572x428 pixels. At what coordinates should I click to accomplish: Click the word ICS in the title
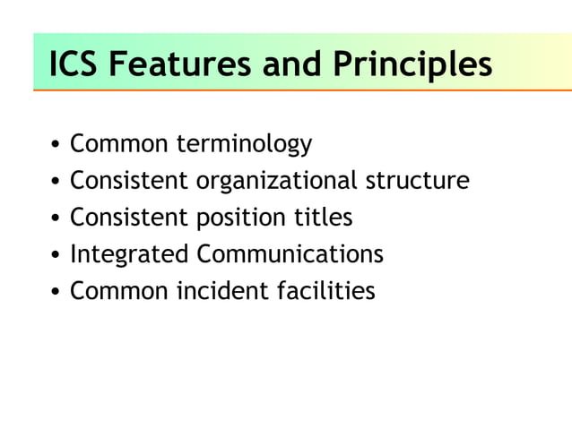pos(74,64)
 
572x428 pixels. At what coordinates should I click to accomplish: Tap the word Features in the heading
pos(178,64)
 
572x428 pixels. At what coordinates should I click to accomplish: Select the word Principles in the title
pos(412,64)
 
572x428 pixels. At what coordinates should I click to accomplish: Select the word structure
pos(417,181)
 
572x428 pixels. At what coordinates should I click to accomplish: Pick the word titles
pos(324,218)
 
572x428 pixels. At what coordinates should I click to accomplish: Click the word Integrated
pos(129,254)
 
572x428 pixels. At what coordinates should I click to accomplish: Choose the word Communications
pos(290,254)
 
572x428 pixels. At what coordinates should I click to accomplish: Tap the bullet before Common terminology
pos(56,145)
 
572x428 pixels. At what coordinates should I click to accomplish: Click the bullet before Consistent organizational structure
pos(56,182)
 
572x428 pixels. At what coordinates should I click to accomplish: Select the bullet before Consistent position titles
pos(56,218)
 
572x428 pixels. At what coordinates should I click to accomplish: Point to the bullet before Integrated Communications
pos(56,255)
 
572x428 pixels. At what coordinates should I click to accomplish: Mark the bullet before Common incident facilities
pos(56,292)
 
